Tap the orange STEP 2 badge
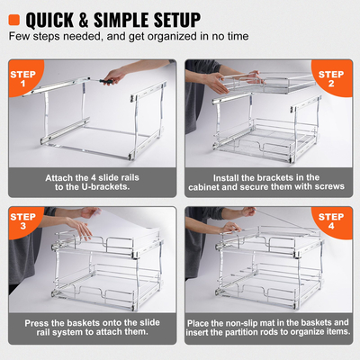pyautogui.click(x=337, y=79)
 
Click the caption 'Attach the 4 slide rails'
pyautogui.click(x=92, y=177)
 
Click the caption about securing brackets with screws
pyautogui.click(x=268, y=184)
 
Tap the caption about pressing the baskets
pyautogui.click(x=92, y=327)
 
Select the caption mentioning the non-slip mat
pyautogui.click(x=268, y=327)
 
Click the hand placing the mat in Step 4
pyautogui.click(x=261, y=216)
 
